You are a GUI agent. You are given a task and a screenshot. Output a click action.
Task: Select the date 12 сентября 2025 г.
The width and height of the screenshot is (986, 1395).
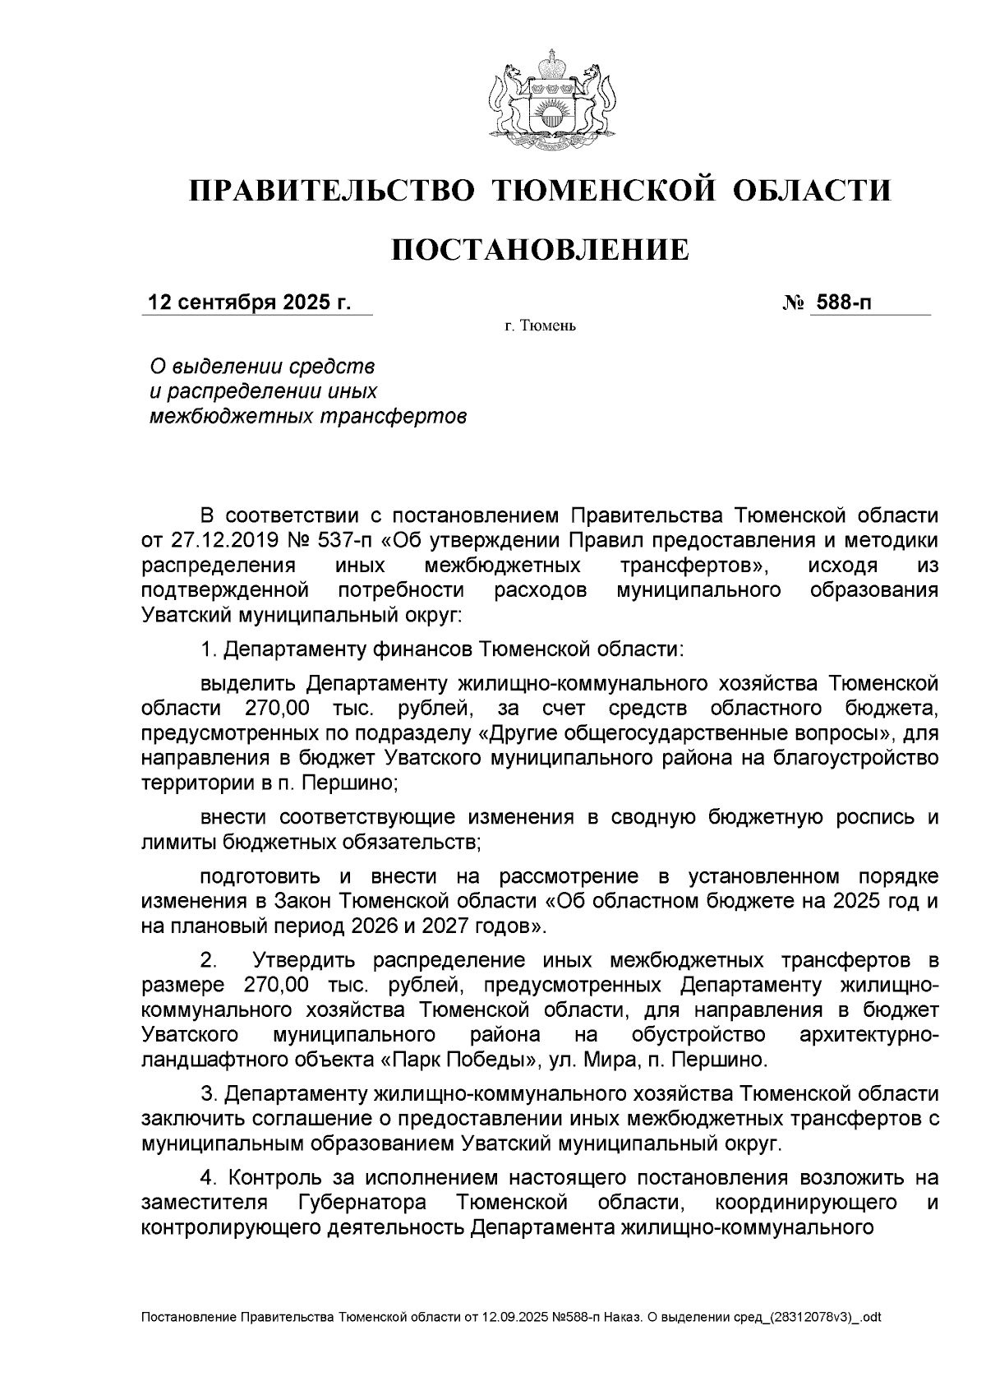click(x=249, y=303)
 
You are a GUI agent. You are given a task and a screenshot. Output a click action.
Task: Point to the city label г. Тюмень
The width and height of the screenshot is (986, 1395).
click(x=541, y=327)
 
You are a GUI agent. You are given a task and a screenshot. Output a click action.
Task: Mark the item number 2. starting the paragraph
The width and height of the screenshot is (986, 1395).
click(x=210, y=960)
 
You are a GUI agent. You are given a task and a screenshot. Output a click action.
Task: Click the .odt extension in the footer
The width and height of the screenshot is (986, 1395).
click(x=871, y=1318)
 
